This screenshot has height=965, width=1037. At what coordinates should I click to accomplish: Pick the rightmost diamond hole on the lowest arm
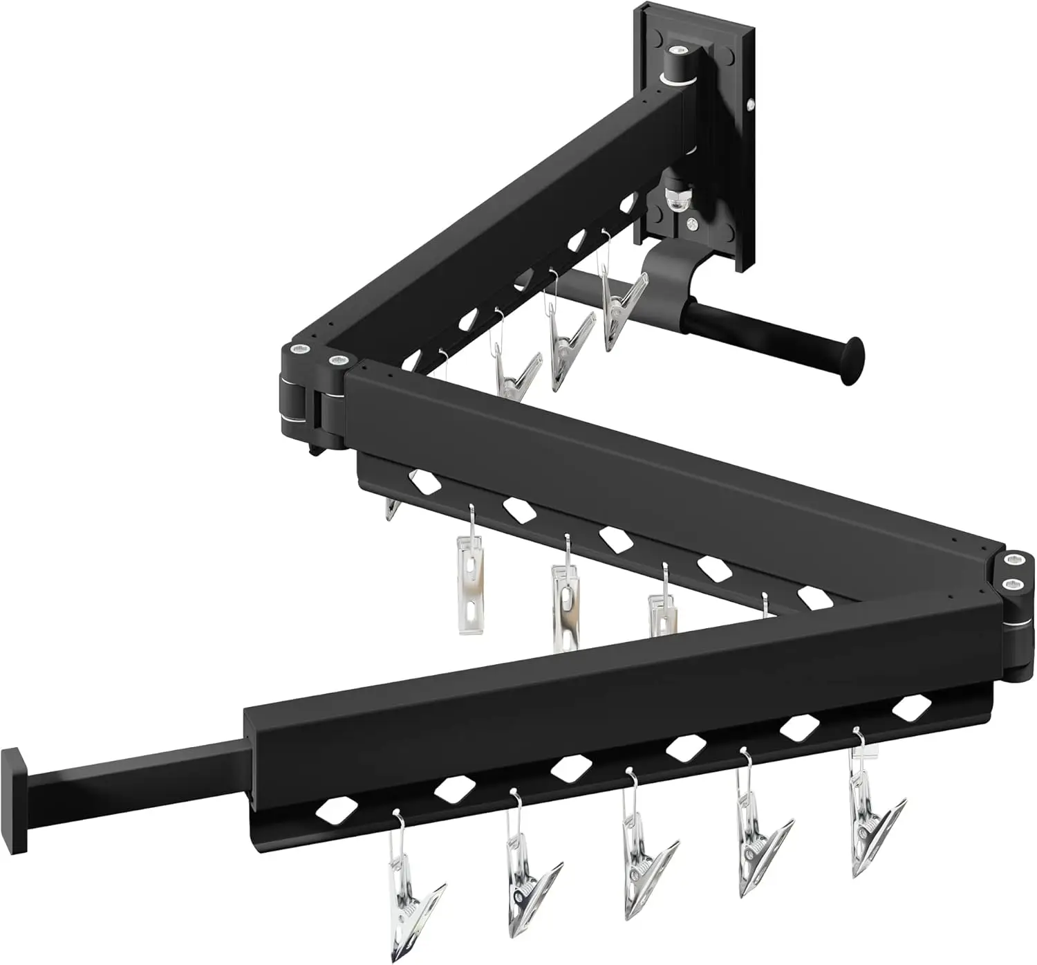(911, 708)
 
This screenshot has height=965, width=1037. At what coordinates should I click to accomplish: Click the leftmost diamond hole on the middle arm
(424, 481)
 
